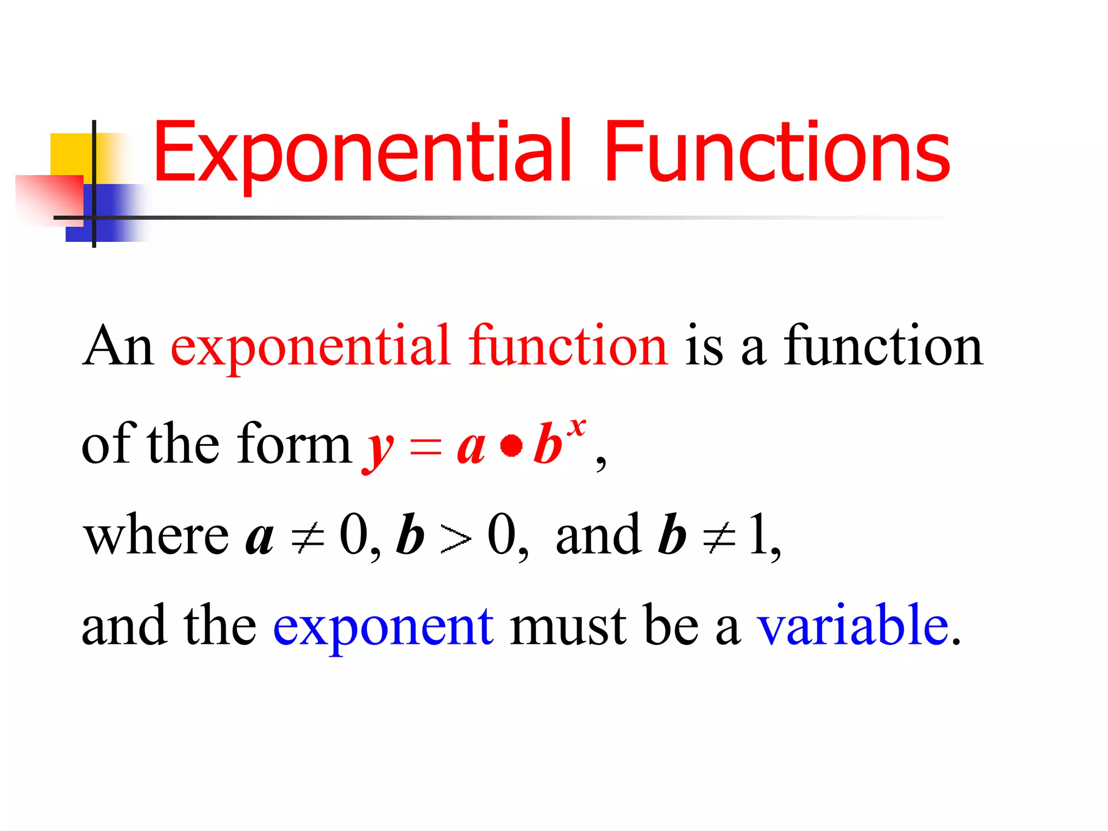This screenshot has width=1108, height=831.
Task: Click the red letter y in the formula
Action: click(x=378, y=449)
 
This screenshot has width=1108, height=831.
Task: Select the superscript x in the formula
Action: click(x=577, y=427)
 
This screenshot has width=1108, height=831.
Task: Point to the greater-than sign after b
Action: click(x=456, y=538)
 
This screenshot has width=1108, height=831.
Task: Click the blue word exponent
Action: click(x=383, y=628)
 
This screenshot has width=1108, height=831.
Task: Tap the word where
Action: click(x=156, y=536)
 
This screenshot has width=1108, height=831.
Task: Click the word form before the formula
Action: click(x=294, y=444)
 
